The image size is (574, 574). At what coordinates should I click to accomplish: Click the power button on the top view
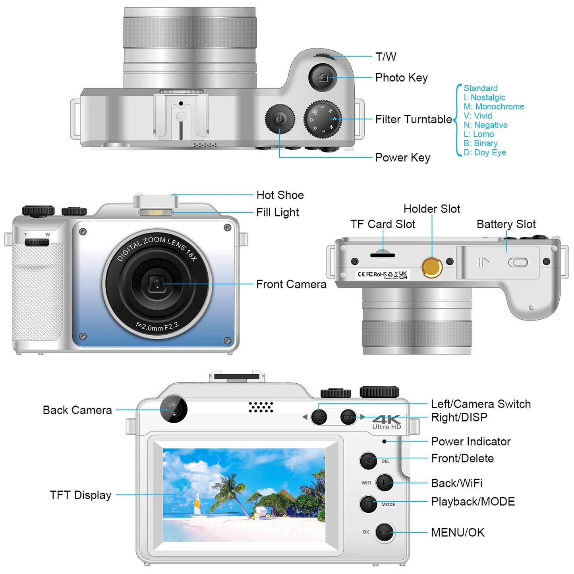click(x=280, y=119)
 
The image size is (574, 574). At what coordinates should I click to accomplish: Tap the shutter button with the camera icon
click(x=323, y=77)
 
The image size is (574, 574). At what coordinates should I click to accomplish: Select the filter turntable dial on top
click(x=323, y=119)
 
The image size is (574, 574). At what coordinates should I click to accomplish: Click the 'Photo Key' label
click(x=401, y=77)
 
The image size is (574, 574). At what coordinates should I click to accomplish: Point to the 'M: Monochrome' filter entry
click(x=494, y=106)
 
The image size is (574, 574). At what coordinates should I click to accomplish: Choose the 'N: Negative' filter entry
click(x=485, y=125)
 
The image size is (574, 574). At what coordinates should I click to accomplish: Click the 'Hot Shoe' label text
click(x=280, y=195)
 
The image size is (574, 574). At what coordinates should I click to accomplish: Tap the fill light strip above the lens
click(x=156, y=213)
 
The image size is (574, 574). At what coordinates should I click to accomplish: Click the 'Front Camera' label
click(x=291, y=284)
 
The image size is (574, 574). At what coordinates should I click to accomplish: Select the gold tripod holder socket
click(x=432, y=267)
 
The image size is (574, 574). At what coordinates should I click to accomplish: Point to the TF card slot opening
click(x=382, y=255)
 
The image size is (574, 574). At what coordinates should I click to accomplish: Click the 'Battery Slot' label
click(x=506, y=224)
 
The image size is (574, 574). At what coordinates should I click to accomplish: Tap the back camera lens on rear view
click(x=174, y=409)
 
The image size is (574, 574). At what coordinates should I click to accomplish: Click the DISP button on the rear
click(x=348, y=417)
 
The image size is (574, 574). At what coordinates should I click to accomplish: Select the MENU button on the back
click(x=385, y=532)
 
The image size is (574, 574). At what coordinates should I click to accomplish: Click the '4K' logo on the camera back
click(x=386, y=419)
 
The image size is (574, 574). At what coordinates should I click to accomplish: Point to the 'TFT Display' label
click(x=80, y=495)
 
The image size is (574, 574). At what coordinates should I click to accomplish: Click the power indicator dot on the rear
click(x=384, y=441)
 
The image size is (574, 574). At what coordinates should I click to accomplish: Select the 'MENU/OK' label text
click(x=458, y=532)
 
